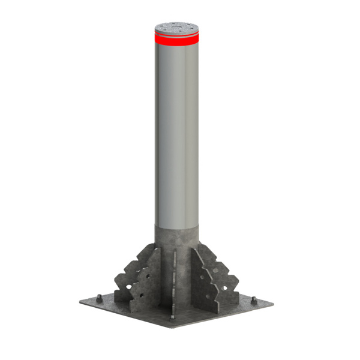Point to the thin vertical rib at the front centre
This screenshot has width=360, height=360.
[174, 282]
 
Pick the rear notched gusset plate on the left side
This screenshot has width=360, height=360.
[129, 273]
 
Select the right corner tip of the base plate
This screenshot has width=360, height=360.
[274, 303]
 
